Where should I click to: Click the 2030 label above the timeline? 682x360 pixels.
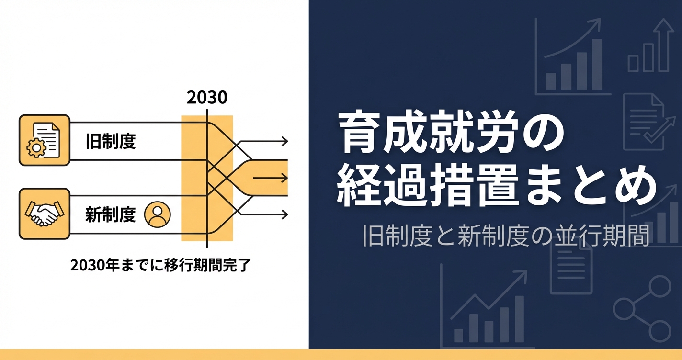pos(207,98)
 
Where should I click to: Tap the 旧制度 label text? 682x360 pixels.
pos(111,142)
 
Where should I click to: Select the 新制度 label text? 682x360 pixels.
pos(111,215)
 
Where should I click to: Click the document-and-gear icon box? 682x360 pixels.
pos(44,140)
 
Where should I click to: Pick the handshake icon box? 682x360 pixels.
pos(44,214)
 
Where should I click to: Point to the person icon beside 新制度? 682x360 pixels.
pos(157,214)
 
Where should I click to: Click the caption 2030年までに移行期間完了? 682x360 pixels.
pos(160,265)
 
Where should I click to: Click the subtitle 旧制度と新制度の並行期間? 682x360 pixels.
pos(506,236)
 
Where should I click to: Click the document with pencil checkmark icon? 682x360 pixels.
pos(645,120)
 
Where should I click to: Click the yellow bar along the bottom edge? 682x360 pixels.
pos(341,355)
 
